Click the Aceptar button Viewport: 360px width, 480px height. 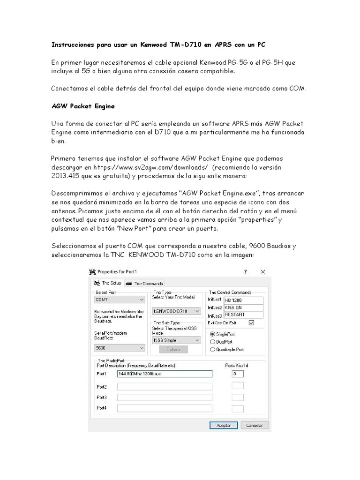223,426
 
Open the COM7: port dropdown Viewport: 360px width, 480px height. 120,300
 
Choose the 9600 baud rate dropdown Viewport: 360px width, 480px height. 120,348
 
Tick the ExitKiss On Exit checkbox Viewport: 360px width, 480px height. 251,322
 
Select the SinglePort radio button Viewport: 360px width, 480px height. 213,334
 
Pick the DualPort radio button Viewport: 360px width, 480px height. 213,342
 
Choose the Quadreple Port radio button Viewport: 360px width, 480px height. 213,349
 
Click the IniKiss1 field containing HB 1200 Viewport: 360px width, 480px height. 243,300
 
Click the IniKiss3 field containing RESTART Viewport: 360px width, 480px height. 243,315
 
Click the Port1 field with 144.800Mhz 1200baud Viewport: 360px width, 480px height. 165,374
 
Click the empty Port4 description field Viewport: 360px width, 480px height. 165,408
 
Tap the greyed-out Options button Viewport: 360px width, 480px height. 173,350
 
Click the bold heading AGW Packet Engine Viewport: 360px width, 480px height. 83,106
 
